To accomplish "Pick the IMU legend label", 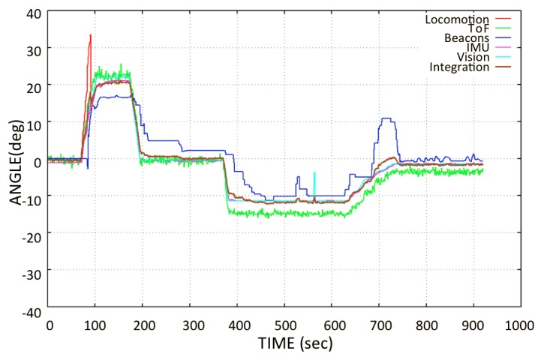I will (x=477, y=48).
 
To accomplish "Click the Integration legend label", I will (x=459, y=67).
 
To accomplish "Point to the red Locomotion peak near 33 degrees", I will (x=91, y=35).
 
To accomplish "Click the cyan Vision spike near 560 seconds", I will (x=314, y=174).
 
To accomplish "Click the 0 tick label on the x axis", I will (x=50, y=325).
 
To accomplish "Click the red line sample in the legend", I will (x=503, y=19).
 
